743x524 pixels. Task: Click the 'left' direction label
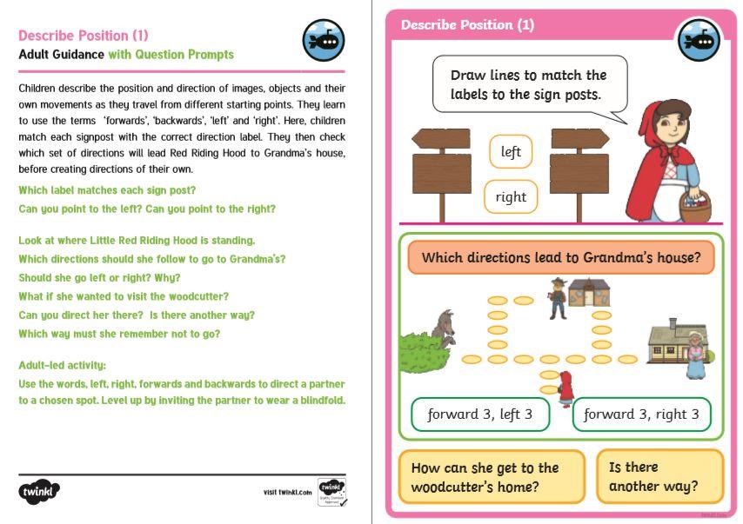tap(511, 152)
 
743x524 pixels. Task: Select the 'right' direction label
tap(511, 196)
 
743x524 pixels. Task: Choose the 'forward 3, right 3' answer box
tap(641, 415)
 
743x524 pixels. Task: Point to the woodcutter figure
tap(557, 296)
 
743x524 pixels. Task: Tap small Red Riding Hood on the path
tap(566, 388)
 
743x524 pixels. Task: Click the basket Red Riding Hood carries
tap(695, 206)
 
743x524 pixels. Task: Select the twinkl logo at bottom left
tap(39, 491)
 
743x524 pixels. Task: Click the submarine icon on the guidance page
tap(324, 41)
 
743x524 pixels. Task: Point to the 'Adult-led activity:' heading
tap(62, 365)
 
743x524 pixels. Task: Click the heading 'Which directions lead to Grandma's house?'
tap(561, 258)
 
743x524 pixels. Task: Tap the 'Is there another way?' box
tap(659, 476)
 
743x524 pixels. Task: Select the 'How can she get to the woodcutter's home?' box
tap(492, 477)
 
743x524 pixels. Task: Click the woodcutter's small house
tap(589, 293)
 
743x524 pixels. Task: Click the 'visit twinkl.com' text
tap(287, 493)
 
